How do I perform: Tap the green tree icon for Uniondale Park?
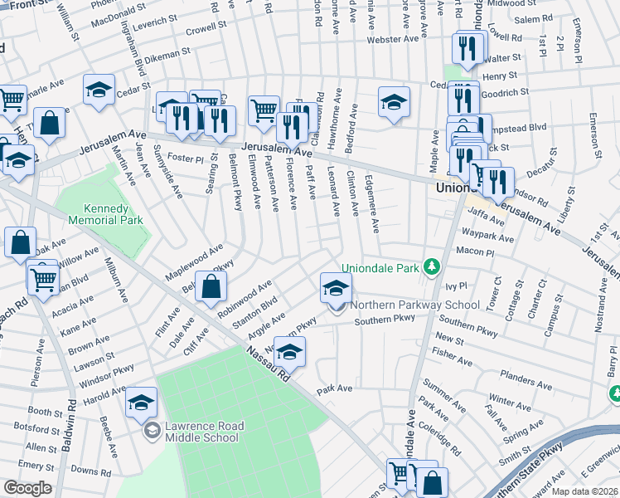pyautogui.click(x=430, y=267)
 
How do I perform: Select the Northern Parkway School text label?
pyautogui.click(x=414, y=305)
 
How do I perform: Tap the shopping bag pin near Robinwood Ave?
pyautogui.click(x=213, y=287)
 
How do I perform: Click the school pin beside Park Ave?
pyautogui.click(x=289, y=353)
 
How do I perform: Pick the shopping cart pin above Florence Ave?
pyautogui.click(x=264, y=109)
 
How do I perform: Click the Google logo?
pyautogui.click(x=27, y=488)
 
